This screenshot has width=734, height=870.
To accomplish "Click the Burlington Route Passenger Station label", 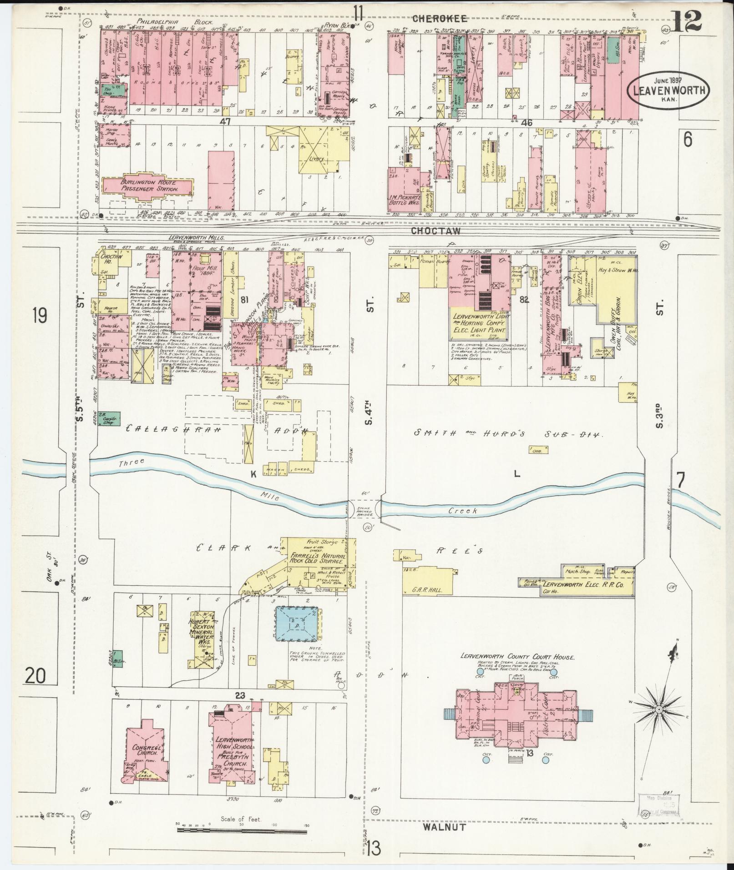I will [147, 185].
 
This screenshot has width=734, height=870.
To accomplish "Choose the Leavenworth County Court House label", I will [517, 657].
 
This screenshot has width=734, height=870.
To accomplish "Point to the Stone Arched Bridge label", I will [364, 511].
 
